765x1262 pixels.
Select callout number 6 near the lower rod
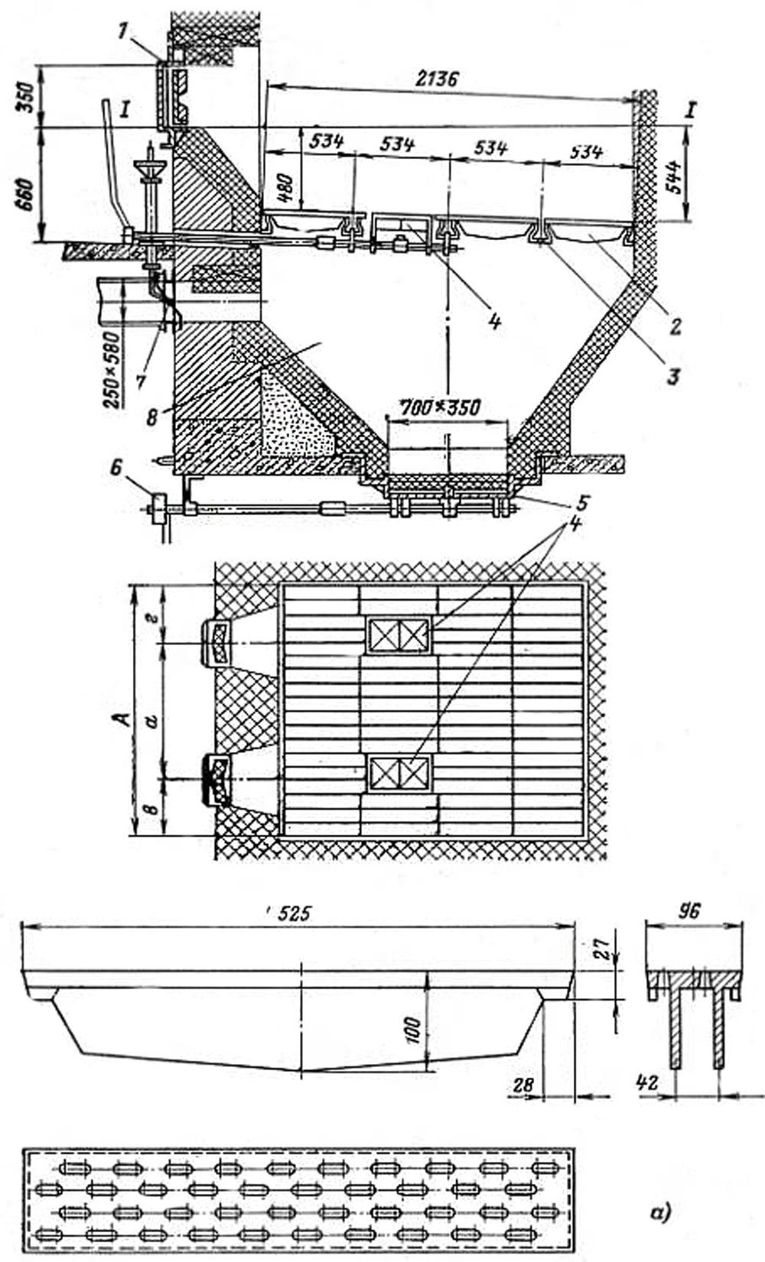117,467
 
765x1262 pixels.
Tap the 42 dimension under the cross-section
646,1082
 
